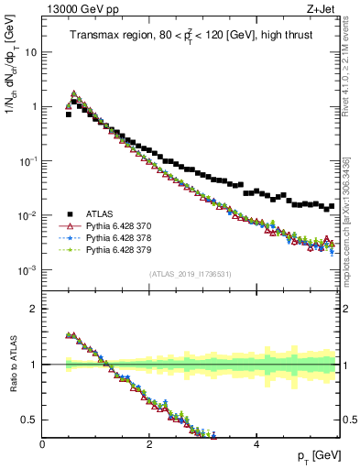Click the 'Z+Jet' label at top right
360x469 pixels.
click(x=322, y=8)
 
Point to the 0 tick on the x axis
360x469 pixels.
click(x=43, y=443)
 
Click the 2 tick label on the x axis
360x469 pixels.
click(x=149, y=443)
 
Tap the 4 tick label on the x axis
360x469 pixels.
click(x=256, y=443)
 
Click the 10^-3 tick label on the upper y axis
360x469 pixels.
click(x=27, y=270)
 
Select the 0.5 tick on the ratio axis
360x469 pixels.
click(x=30, y=420)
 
